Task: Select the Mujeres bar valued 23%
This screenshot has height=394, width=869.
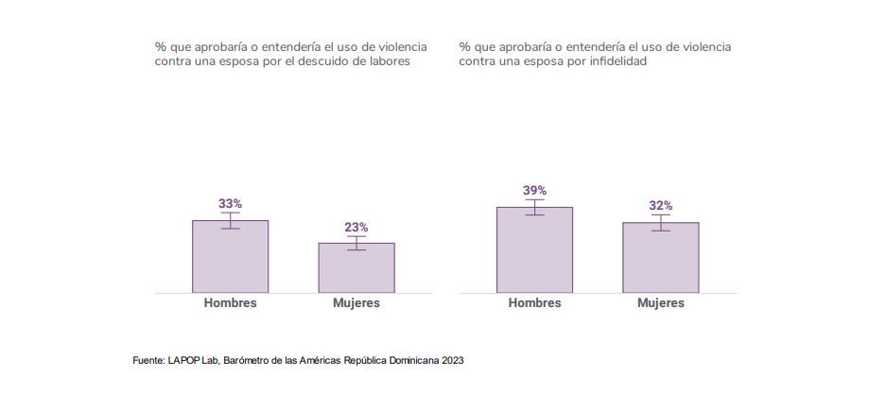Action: (x=356, y=269)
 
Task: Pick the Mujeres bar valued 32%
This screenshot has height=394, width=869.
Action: (x=660, y=260)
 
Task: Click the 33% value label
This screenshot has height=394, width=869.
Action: (x=230, y=203)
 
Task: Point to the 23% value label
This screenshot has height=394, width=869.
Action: (x=356, y=227)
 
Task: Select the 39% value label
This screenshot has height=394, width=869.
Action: (x=534, y=190)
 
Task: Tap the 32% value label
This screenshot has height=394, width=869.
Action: (x=660, y=205)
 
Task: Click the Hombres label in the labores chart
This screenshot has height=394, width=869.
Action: (x=230, y=303)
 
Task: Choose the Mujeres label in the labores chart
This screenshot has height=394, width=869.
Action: (x=356, y=303)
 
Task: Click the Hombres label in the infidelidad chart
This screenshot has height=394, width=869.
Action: (x=534, y=303)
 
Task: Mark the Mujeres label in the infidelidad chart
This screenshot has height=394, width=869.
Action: (x=660, y=303)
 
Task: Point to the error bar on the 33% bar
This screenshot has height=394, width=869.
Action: (x=230, y=220)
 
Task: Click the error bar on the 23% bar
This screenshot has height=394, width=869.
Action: (x=356, y=243)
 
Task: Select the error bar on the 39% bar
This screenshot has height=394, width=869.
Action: (x=534, y=207)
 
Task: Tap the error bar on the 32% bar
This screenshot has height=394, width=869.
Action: (x=660, y=222)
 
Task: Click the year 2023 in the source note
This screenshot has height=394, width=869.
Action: (x=453, y=361)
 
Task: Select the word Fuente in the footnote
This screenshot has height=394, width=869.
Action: (x=148, y=361)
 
